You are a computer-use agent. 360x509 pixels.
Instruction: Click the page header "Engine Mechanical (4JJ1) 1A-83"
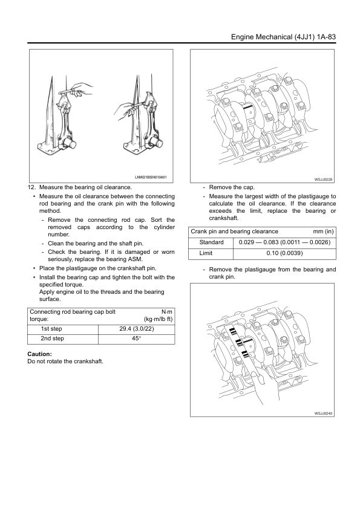coord(283,37)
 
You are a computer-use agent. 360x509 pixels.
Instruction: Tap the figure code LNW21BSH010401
coord(151,177)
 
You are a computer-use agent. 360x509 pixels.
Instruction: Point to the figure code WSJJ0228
coord(323,179)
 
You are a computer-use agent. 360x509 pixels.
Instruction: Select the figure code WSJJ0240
coord(323,413)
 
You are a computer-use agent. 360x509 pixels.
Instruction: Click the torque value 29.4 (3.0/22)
coord(137,328)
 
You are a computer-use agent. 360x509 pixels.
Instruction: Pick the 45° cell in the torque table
coord(137,339)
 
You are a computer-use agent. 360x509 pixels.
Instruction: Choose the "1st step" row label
coord(51,328)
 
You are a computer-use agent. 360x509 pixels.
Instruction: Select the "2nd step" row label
coord(52,339)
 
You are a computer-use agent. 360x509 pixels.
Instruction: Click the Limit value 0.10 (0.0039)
coord(284,253)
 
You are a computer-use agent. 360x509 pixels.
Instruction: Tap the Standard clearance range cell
coord(284,242)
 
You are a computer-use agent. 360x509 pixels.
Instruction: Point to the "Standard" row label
coord(212,242)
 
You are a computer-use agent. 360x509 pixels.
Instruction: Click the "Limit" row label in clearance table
coord(206,253)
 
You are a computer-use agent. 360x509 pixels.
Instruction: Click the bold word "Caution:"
coord(40,354)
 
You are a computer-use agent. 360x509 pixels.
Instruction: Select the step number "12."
coord(31,187)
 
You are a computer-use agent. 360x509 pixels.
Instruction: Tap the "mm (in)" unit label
coord(323,232)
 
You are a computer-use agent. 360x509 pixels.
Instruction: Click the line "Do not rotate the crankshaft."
coord(65,361)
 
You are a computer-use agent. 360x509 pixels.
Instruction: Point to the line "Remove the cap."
coord(232,187)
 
